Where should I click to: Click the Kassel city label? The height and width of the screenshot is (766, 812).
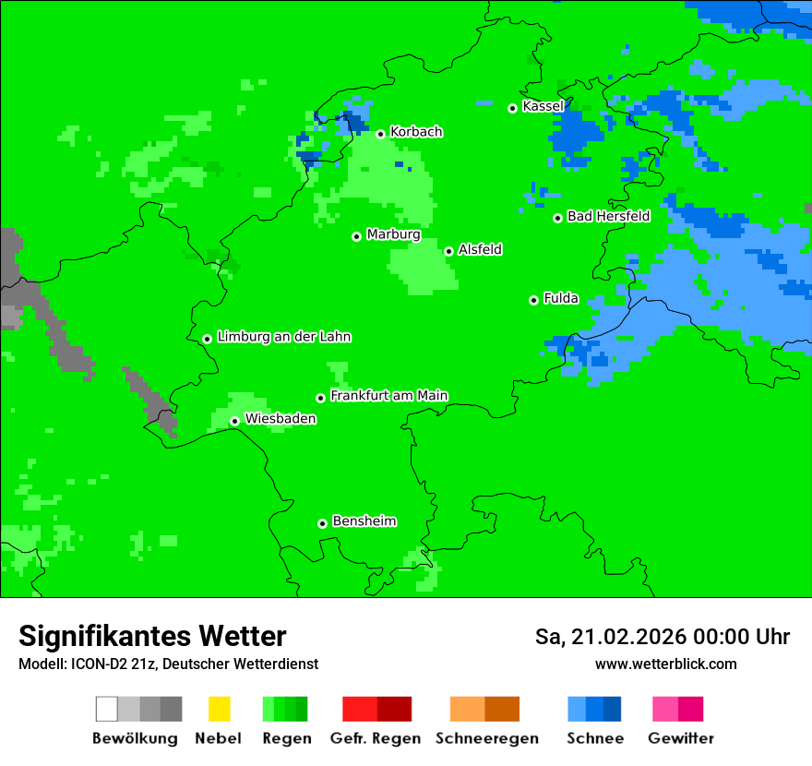point(543,106)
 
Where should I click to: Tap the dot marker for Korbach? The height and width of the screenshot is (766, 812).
point(380,134)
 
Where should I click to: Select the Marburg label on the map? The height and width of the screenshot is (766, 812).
point(393,234)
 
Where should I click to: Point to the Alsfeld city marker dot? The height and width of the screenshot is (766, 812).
point(448,251)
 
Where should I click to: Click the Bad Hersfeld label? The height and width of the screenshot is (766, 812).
point(608,217)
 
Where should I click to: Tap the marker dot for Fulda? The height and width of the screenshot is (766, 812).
point(533,300)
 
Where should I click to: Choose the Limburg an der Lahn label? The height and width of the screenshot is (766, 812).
point(283,337)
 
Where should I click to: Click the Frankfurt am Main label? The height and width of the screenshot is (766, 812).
point(388,396)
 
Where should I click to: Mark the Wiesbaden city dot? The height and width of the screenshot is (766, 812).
point(234,421)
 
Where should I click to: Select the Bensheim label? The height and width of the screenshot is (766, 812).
point(364,521)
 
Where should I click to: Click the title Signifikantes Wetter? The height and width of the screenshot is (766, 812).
point(152,636)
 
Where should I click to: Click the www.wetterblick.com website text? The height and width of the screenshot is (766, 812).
point(665,664)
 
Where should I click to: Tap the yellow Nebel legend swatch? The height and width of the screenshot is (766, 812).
point(219,709)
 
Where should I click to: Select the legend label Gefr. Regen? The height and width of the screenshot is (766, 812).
point(376,738)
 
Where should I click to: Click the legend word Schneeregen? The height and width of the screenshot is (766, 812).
point(486,738)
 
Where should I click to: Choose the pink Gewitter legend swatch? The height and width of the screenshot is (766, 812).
point(665,709)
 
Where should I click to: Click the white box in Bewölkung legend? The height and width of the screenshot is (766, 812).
point(106,709)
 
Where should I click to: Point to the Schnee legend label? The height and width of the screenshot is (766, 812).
point(594,738)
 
